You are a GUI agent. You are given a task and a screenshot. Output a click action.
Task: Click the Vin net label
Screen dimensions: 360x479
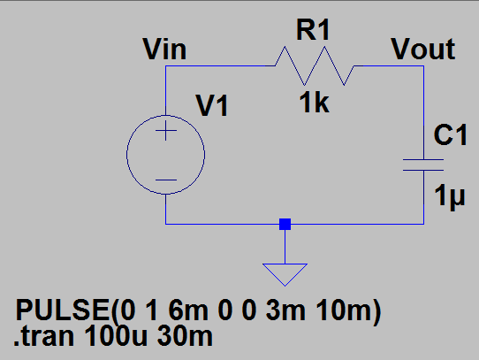pyautogui.click(x=164, y=50)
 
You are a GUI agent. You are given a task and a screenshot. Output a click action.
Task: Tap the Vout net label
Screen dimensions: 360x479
pyautogui.click(x=423, y=50)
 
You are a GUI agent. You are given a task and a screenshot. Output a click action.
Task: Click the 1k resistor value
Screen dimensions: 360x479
pyautogui.click(x=314, y=103)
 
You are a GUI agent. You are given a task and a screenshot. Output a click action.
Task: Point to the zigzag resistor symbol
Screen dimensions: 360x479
pyautogui.click(x=314, y=65)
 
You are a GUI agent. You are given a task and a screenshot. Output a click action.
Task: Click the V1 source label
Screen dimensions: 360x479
pyautogui.click(x=212, y=106)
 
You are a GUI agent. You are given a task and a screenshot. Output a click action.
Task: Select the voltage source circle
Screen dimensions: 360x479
pyautogui.click(x=166, y=156)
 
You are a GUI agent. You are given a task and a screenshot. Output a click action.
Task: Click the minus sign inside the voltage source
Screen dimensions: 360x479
pyautogui.click(x=166, y=180)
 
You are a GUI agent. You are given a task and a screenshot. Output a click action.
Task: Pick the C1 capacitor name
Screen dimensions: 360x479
pyautogui.click(x=451, y=134)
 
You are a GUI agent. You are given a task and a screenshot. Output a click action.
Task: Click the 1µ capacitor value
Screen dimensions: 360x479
pyautogui.click(x=450, y=196)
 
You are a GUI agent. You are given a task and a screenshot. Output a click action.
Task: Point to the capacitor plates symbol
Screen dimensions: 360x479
pyautogui.click(x=422, y=164)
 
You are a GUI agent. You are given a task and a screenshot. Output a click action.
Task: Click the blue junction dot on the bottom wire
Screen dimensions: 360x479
pyautogui.click(x=285, y=225)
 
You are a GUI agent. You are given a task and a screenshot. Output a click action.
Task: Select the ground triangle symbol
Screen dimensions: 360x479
pyautogui.click(x=285, y=275)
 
